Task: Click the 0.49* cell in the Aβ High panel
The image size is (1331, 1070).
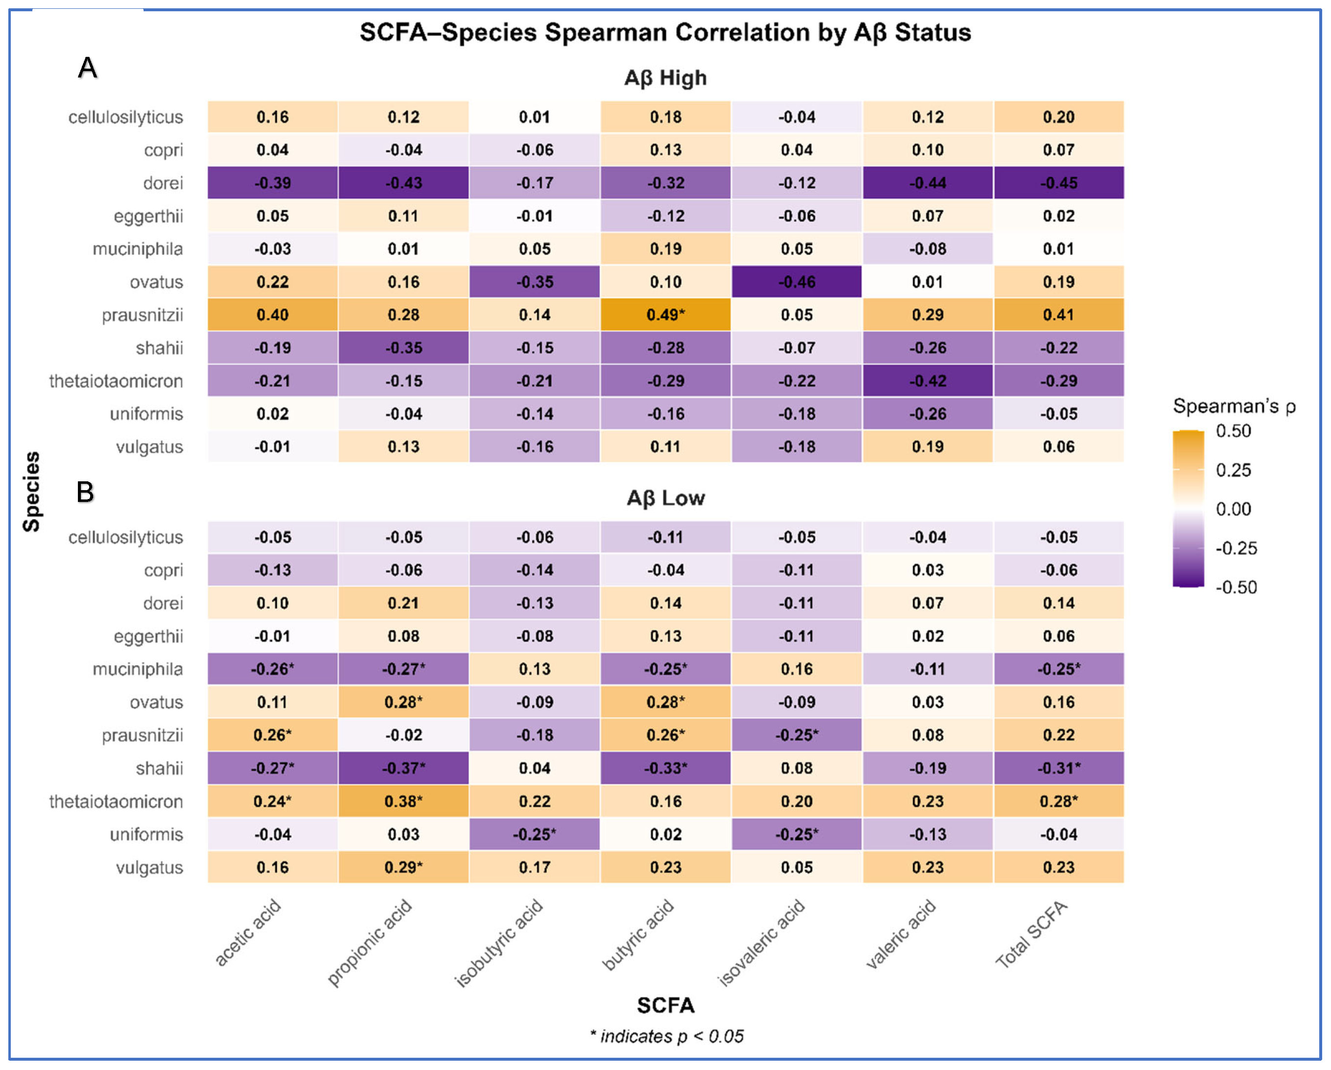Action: tap(665, 315)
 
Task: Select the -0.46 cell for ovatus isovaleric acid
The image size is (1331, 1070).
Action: tap(796, 282)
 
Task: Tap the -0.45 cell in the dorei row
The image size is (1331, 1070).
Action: tap(1058, 183)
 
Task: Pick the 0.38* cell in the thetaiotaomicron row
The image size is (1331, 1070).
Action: tap(403, 801)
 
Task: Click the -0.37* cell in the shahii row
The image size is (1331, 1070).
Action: tap(403, 768)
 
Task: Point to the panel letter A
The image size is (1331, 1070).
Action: tap(88, 67)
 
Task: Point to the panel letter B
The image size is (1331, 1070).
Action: tap(85, 492)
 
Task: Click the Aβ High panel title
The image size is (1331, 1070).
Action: tap(665, 78)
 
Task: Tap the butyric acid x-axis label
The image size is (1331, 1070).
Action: tap(638, 935)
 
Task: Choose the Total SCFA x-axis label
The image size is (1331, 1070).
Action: tap(1032, 934)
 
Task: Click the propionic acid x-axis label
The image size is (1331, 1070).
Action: tap(369, 943)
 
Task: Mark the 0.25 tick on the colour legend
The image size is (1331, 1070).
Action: tap(1233, 471)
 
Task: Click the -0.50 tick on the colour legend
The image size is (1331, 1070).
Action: tap(1235, 587)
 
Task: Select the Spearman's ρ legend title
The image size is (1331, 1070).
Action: tap(1233, 406)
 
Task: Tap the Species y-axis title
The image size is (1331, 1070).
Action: tap(31, 492)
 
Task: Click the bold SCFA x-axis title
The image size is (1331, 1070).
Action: tap(665, 1005)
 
